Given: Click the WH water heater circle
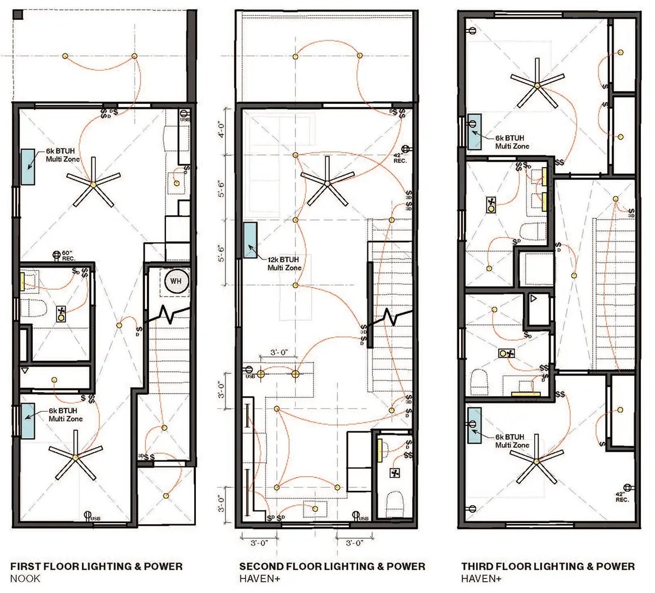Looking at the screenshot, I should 176,281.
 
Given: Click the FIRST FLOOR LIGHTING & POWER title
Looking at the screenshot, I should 97,566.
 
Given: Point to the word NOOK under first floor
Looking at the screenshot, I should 25,579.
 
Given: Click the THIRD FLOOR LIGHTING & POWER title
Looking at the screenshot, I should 548,566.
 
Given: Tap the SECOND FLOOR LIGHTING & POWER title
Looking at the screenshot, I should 332,566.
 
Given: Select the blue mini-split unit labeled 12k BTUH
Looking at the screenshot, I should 250,240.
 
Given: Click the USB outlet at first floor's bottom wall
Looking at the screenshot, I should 88,516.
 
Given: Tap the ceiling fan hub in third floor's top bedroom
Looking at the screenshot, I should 537,85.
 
